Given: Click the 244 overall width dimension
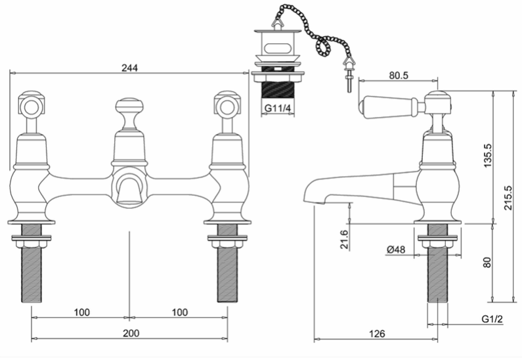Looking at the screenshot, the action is tap(129, 68).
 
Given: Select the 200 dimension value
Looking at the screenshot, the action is tap(131, 333).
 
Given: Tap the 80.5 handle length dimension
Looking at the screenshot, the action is tap(399, 76).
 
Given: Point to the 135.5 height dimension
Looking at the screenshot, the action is tap(487, 155).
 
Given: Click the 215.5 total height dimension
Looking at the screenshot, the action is tap(508, 198).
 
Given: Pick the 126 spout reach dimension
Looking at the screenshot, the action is tap(377, 333).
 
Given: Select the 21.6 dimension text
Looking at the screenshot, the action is tap(344, 239).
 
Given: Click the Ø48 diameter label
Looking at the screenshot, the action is tap(396, 249).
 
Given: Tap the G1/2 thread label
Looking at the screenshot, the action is tap(492, 319).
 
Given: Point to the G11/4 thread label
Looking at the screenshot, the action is tap(278, 108).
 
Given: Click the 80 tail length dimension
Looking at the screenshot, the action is tap(487, 263).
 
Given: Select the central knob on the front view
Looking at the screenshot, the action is tap(129, 113).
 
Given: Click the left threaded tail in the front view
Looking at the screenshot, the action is tap(32, 263).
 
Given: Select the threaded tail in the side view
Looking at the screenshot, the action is tap(437, 263).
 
